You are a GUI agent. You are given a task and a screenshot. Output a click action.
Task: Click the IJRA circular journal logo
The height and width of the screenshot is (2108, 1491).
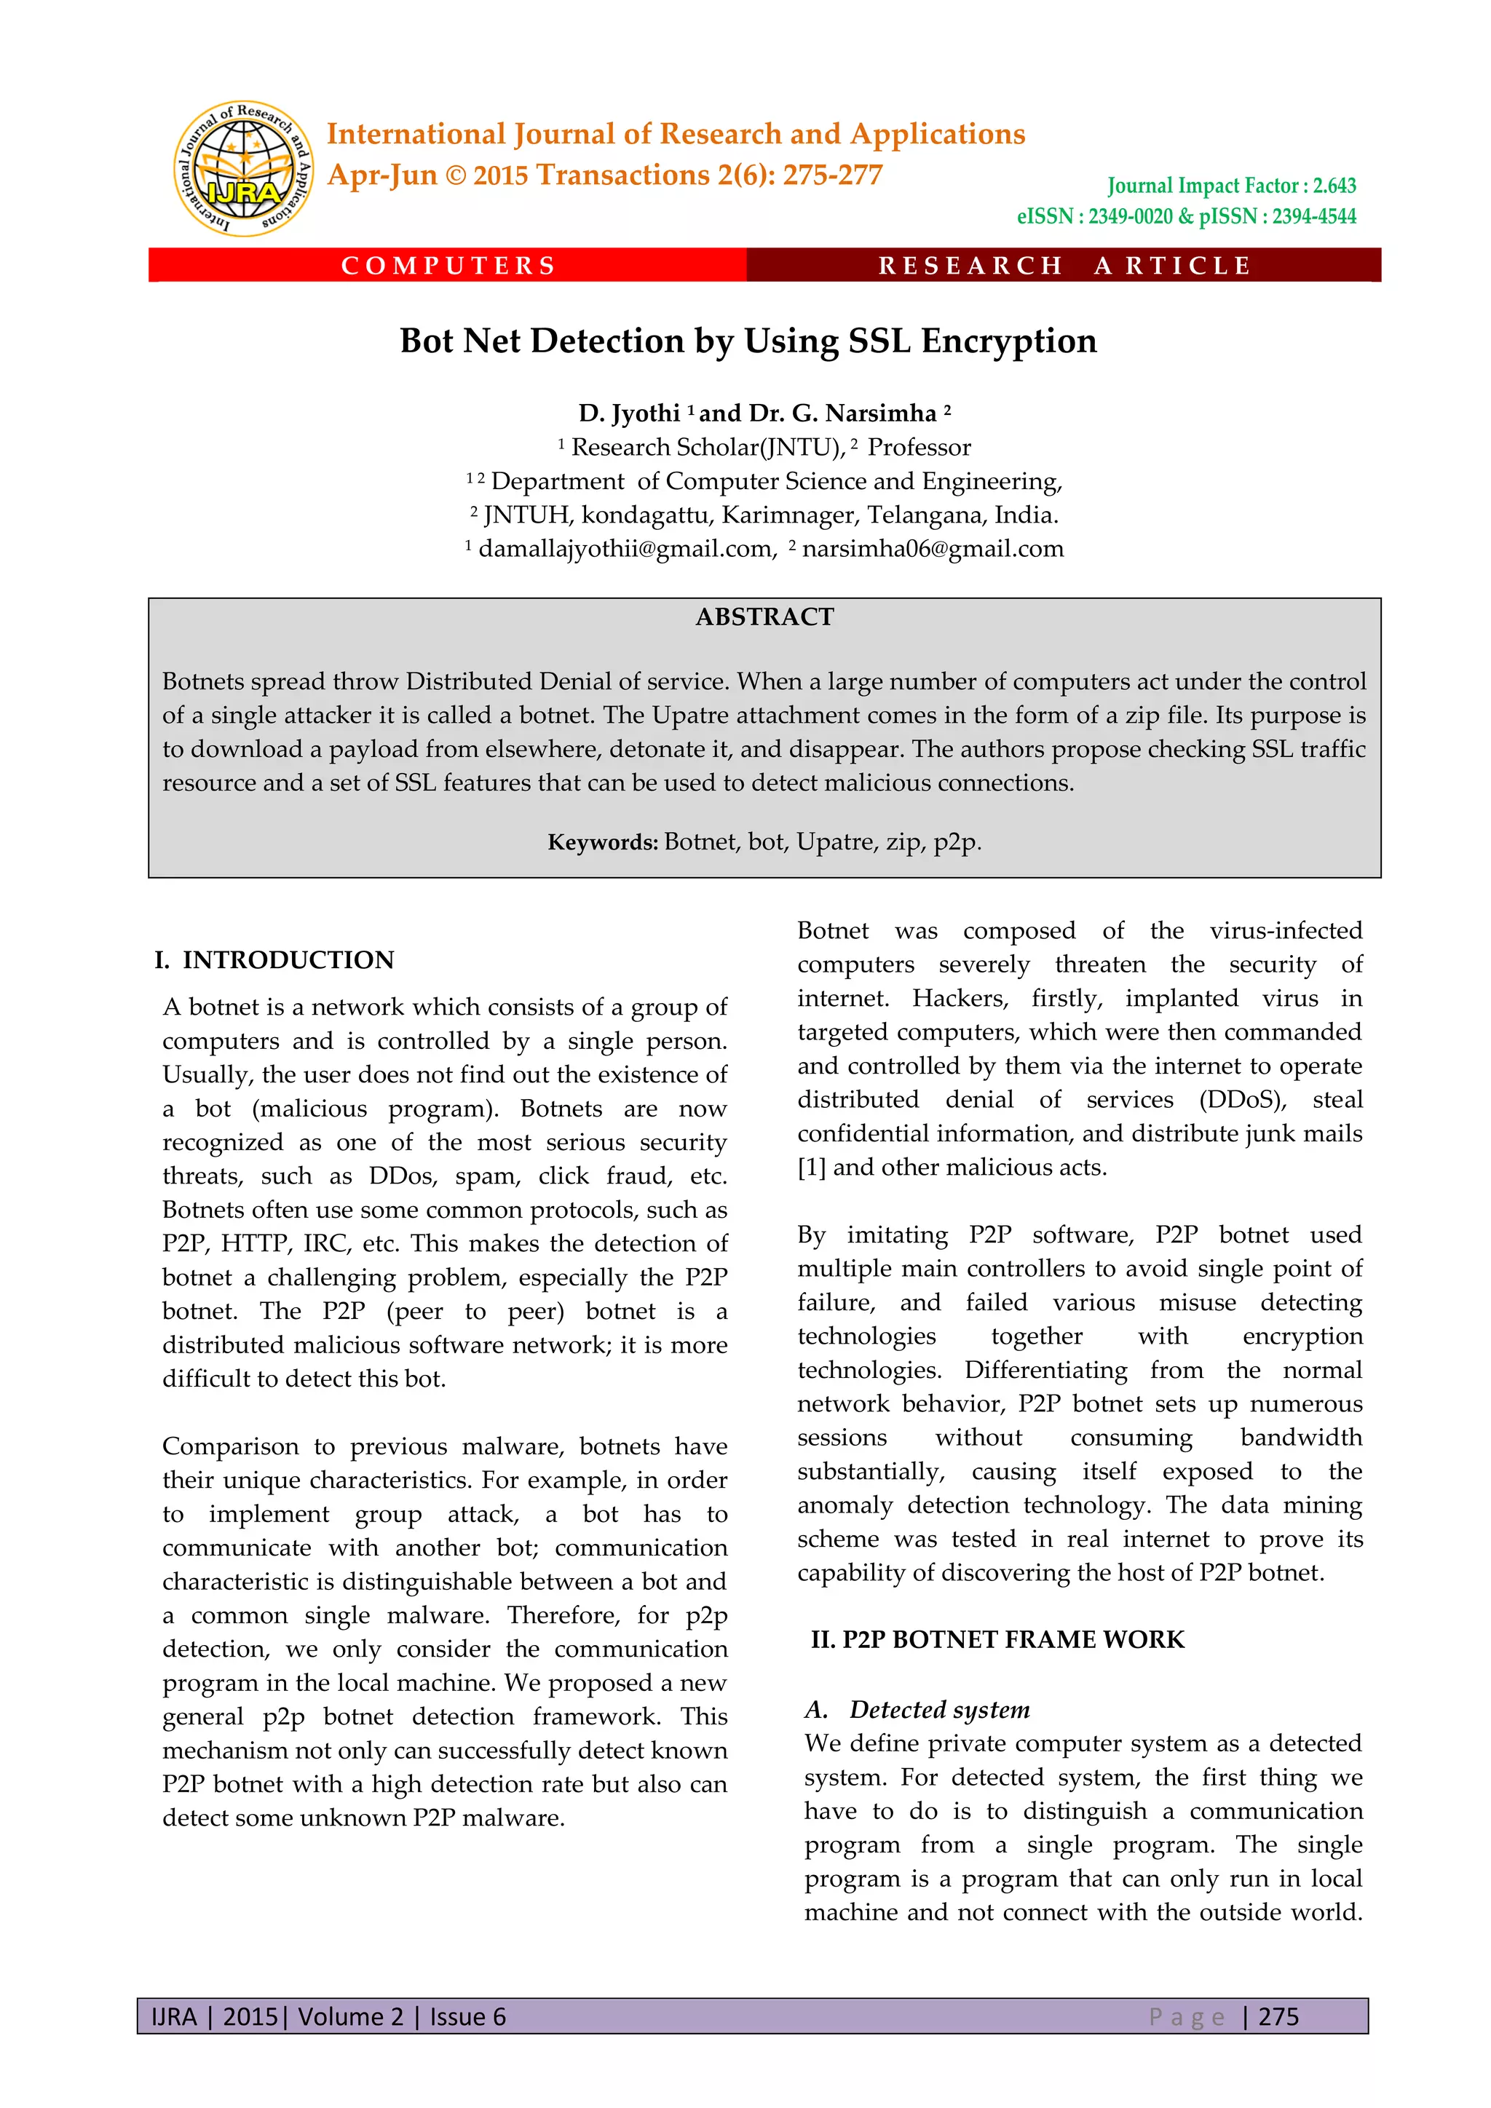click(244, 169)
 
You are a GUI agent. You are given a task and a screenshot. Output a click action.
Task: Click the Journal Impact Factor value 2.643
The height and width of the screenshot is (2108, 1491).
click(1334, 186)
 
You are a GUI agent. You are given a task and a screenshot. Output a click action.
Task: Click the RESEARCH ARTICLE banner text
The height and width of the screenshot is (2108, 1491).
click(1064, 266)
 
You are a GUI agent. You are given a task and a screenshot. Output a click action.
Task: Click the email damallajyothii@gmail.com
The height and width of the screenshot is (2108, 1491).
click(626, 549)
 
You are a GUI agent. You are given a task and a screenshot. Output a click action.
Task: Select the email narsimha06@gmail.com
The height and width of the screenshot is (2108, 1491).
click(932, 549)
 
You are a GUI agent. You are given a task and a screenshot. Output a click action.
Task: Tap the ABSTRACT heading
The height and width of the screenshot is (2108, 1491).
click(764, 617)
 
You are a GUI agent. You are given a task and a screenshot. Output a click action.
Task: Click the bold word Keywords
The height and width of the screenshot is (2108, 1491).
click(602, 842)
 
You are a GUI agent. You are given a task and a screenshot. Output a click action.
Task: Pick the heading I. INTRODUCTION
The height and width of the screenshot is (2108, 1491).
click(274, 959)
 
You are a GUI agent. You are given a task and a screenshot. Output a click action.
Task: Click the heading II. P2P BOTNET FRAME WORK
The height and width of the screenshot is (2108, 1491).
click(997, 1640)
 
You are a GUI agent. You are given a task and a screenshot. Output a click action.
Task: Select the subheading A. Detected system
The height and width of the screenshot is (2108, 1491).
click(918, 1710)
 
